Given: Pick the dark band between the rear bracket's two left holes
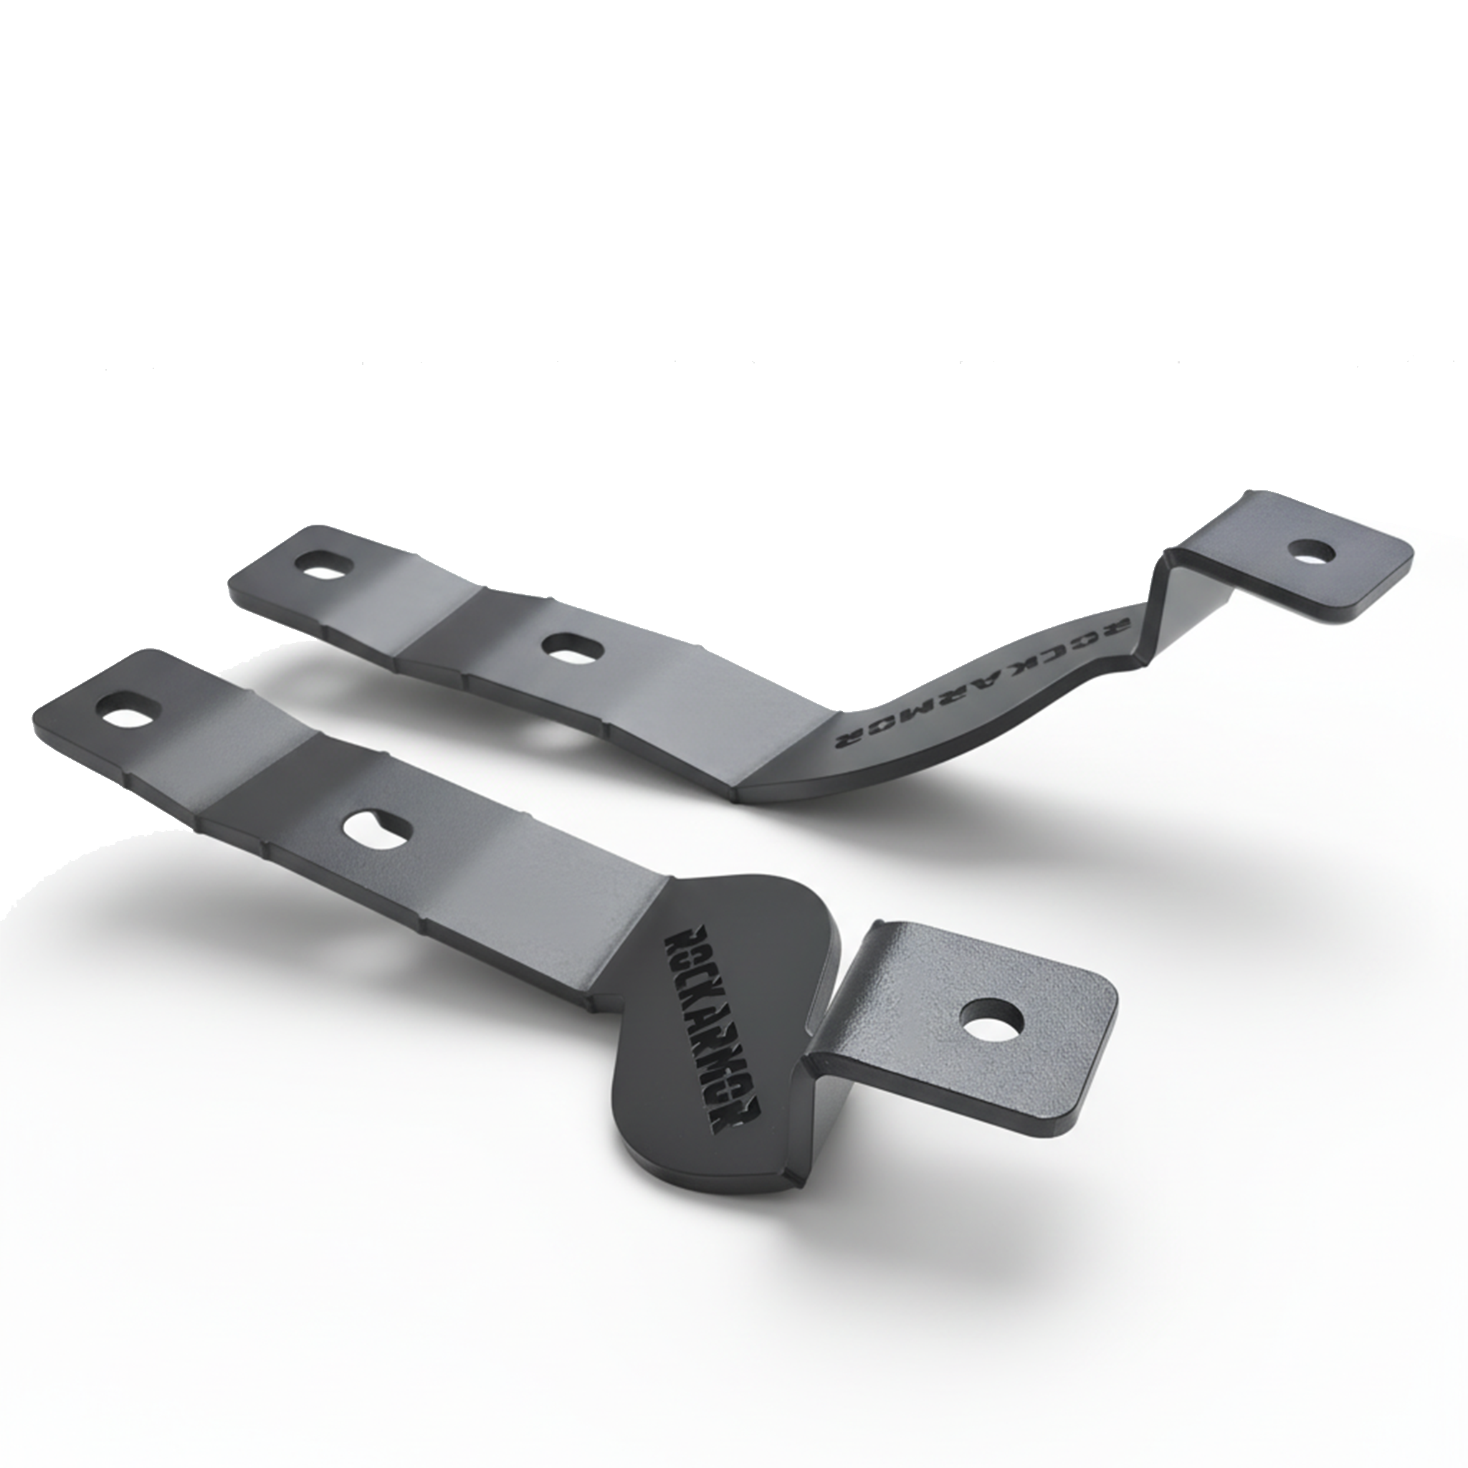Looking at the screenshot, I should [441, 616].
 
